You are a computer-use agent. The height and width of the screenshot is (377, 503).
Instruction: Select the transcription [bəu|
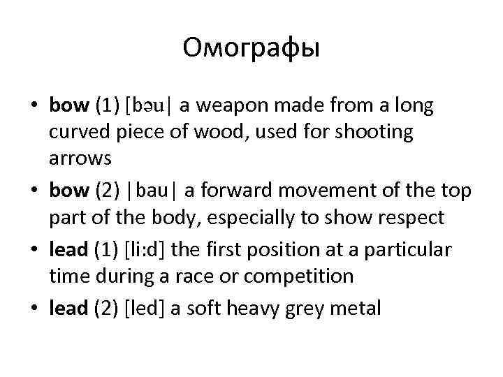coord(150,105)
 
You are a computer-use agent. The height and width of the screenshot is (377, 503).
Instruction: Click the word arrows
coord(80,158)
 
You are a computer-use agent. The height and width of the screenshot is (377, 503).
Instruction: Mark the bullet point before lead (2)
coord(34,308)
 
